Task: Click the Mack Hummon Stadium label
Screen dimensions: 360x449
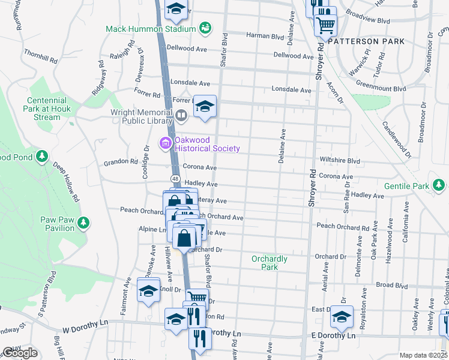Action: click(x=151, y=29)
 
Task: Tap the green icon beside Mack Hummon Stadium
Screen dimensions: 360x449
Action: click(x=205, y=28)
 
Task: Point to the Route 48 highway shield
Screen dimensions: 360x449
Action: click(x=175, y=178)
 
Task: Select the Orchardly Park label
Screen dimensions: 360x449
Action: click(x=270, y=263)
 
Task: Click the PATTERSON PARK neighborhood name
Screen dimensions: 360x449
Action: click(x=366, y=41)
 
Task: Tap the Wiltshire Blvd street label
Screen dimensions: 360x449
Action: click(x=340, y=161)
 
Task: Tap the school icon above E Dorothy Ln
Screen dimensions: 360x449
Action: click(x=342, y=316)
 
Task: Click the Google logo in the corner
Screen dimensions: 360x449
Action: click(x=19, y=353)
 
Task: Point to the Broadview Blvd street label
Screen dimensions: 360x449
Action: click(x=368, y=19)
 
